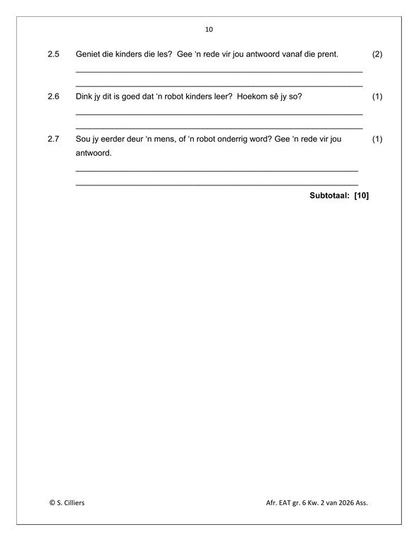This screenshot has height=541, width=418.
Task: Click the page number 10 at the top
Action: pos(209,30)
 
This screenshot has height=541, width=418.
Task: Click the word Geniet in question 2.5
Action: pos(87,54)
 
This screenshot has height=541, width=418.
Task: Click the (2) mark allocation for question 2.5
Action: pos(376,54)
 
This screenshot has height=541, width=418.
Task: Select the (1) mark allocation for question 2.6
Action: pos(376,97)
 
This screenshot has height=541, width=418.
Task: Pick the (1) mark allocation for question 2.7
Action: pos(376,139)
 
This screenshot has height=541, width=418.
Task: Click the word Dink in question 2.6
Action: pos(83,97)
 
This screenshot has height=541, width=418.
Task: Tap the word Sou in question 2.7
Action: pos(82,139)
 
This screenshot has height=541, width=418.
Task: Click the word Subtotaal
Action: pos(329,196)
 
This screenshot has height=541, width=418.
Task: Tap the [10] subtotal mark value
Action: pos(362,196)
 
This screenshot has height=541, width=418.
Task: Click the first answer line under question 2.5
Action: pos(219,71)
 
